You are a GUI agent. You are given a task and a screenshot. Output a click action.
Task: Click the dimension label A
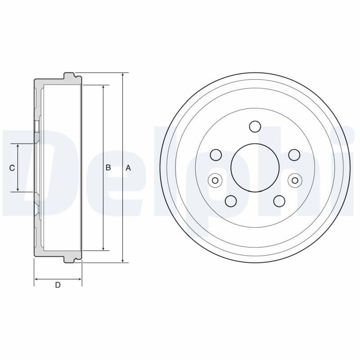click(x=128, y=168)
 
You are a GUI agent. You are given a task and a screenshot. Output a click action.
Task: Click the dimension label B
click(x=108, y=167)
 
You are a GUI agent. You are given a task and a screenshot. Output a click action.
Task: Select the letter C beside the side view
click(x=12, y=168)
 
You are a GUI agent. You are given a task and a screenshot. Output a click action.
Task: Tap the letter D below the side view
click(x=58, y=285)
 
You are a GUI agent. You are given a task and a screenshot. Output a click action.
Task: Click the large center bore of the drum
click(x=255, y=168)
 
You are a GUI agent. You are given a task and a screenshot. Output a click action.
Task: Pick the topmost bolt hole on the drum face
click(x=255, y=126)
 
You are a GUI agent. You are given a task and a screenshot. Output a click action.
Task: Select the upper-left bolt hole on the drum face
click(x=216, y=155)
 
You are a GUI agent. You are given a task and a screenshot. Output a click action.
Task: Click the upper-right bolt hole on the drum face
click(x=294, y=155)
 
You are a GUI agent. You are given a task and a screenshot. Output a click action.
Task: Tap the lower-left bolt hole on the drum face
click(x=231, y=201)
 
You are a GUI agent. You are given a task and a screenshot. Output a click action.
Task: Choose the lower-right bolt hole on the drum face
click(x=279, y=201)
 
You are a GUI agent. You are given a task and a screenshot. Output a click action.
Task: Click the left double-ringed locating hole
click(x=215, y=181)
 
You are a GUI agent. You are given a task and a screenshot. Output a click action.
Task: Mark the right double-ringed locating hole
click(x=295, y=181)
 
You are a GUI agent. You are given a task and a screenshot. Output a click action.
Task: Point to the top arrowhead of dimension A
click(x=122, y=75)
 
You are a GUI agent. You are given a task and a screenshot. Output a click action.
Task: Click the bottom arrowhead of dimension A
click(x=122, y=260)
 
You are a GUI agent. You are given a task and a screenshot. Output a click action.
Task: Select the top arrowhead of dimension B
click(x=103, y=87)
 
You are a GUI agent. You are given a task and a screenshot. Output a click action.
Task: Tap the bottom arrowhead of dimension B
click(x=103, y=248)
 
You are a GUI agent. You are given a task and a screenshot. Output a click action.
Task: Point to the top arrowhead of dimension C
click(x=18, y=147)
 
